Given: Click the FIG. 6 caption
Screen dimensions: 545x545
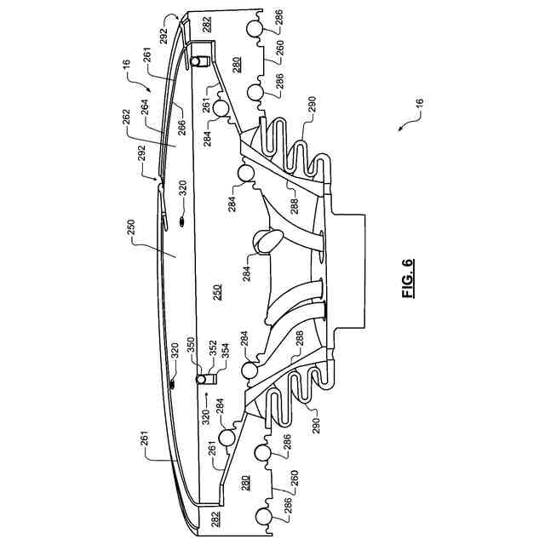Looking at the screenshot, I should [407, 278].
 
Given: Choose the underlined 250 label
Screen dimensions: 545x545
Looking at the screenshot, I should [217, 289].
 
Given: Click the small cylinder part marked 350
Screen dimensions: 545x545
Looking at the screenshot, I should [204, 378].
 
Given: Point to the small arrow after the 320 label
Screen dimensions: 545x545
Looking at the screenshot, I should [204, 398].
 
